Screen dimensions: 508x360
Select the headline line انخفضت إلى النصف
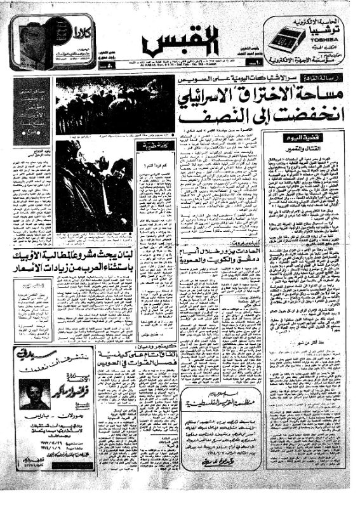tap(260, 118)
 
